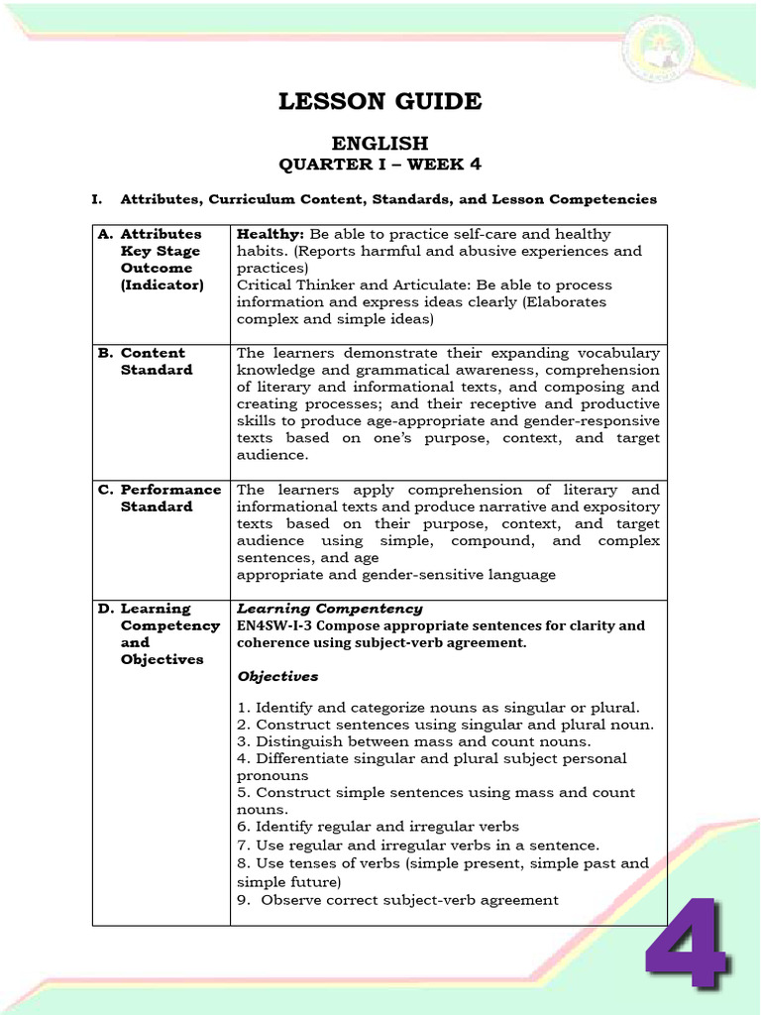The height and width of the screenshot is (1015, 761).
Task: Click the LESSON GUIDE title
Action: click(x=380, y=101)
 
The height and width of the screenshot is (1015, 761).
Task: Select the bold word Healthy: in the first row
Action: click(x=271, y=234)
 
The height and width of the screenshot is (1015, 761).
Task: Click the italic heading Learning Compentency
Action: click(x=329, y=609)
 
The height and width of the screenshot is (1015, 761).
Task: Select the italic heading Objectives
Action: click(x=277, y=676)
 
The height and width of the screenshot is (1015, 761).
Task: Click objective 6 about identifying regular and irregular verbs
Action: click(x=378, y=827)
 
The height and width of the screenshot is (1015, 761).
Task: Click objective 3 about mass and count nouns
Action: click(x=413, y=741)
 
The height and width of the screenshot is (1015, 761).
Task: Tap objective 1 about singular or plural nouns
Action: click(x=438, y=708)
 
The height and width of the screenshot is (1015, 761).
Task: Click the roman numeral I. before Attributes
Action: click(x=97, y=199)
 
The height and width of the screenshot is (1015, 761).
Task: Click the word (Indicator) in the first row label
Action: click(x=162, y=284)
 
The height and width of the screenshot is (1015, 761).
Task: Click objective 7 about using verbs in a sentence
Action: click(x=417, y=846)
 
